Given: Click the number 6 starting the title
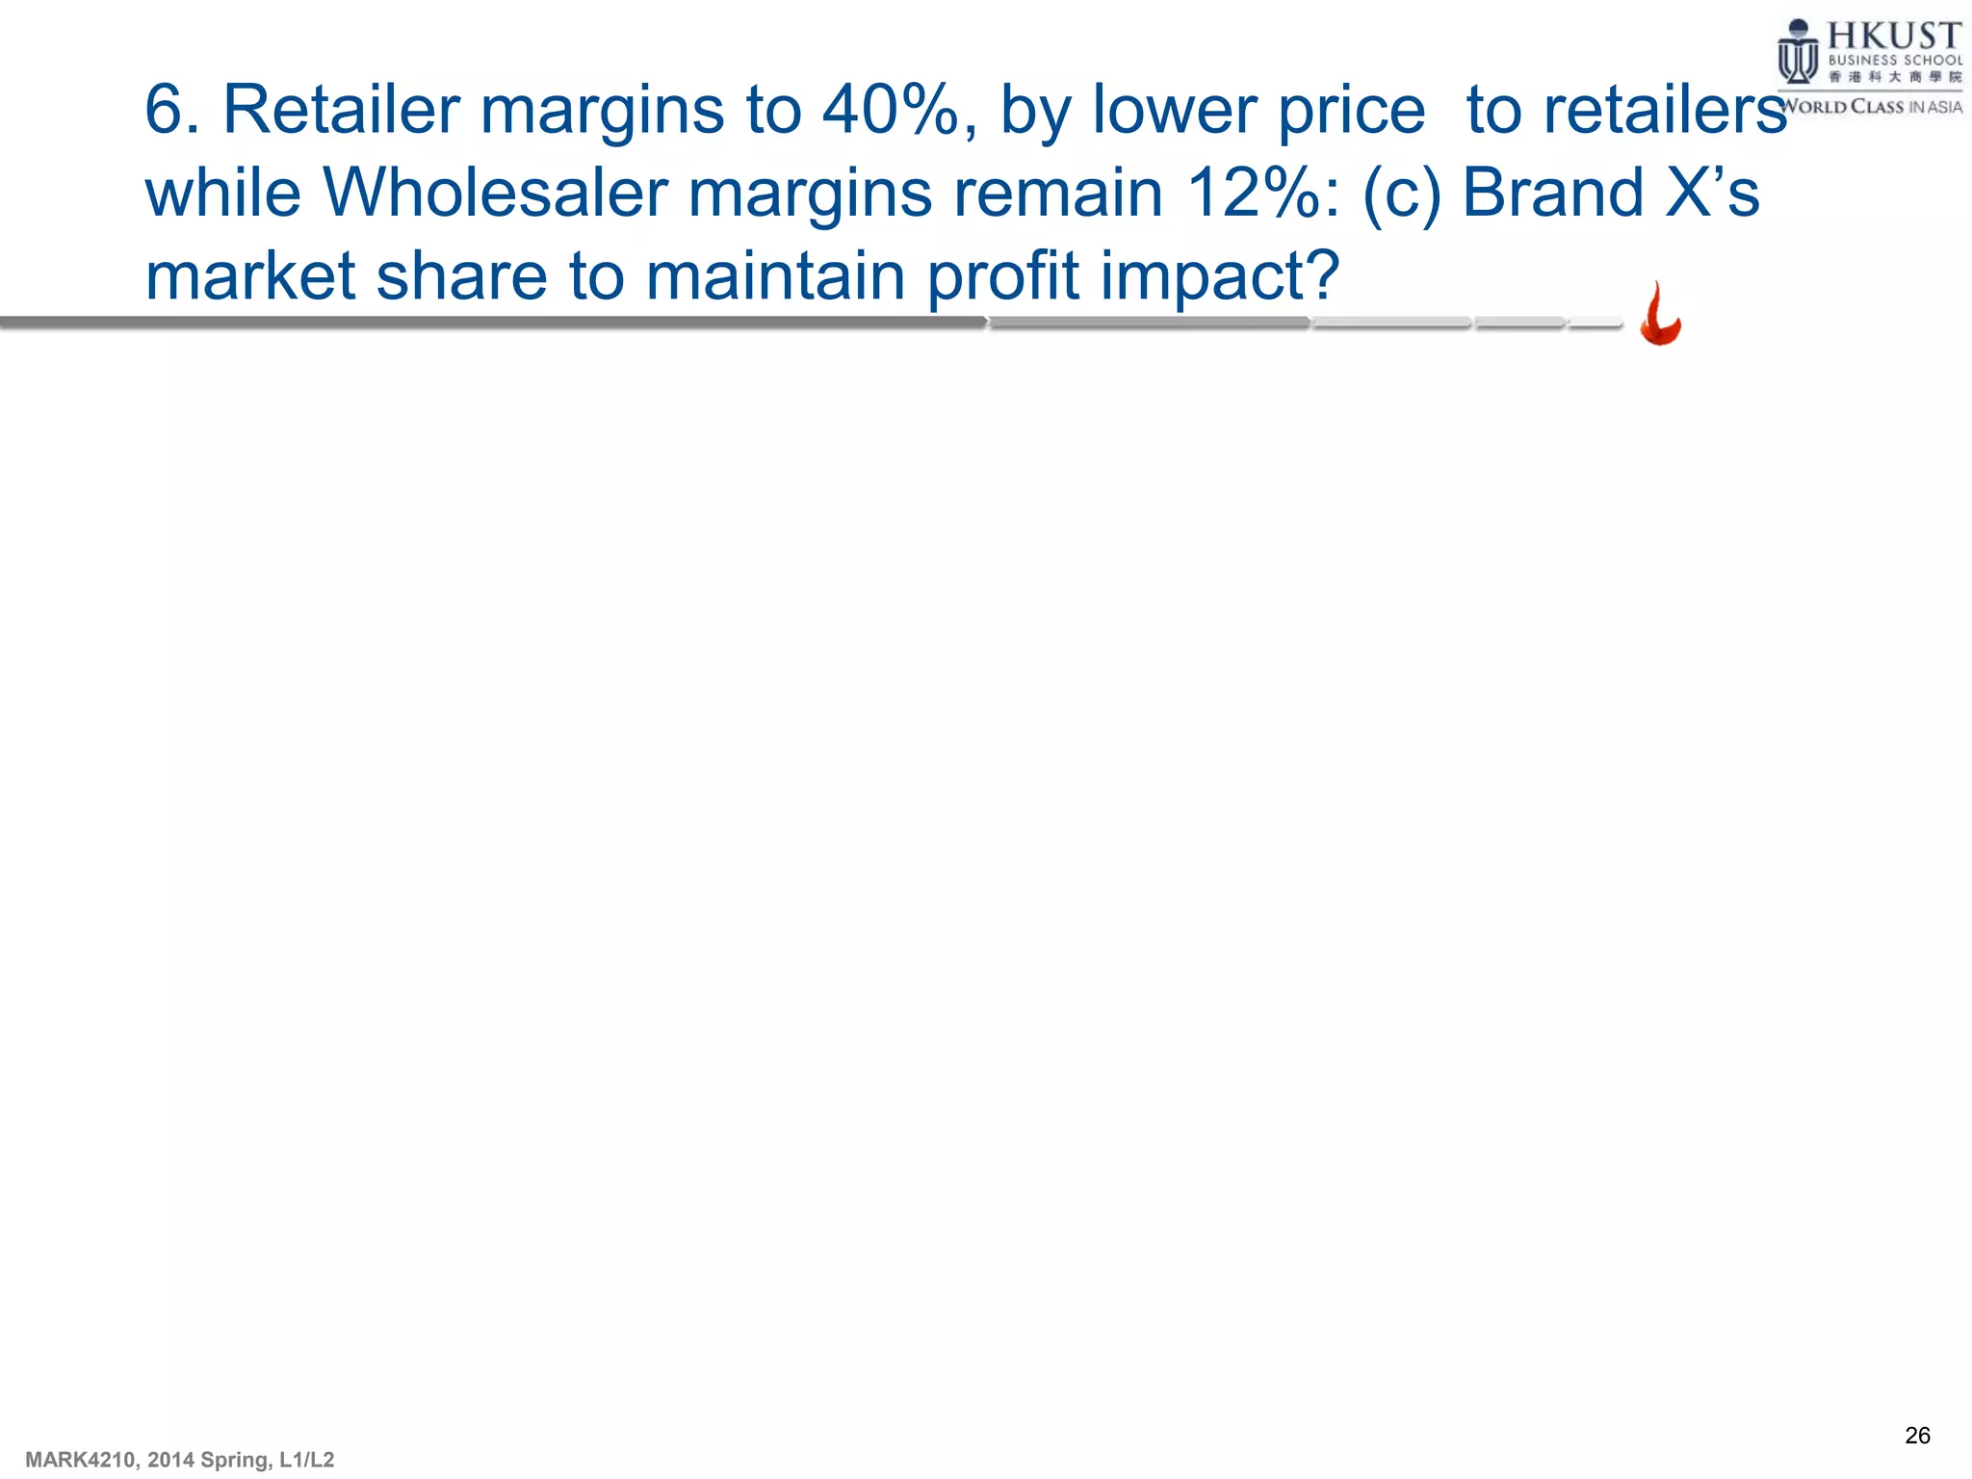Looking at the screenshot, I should click(x=164, y=110).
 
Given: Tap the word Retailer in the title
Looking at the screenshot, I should click(x=341, y=110).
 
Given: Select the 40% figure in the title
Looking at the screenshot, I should click(x=891, y=110).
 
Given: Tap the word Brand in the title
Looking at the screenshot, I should click(x=1552, y=193).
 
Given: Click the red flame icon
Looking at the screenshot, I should click(x=1660, y=315).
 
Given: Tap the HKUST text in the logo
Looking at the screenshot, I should click(x=1893, y=37).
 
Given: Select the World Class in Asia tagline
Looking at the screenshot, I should click(x=1870, y=107).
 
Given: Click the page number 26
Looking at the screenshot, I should click(x=1917, y=1436).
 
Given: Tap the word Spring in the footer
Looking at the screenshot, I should click(x=235, y=1460).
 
